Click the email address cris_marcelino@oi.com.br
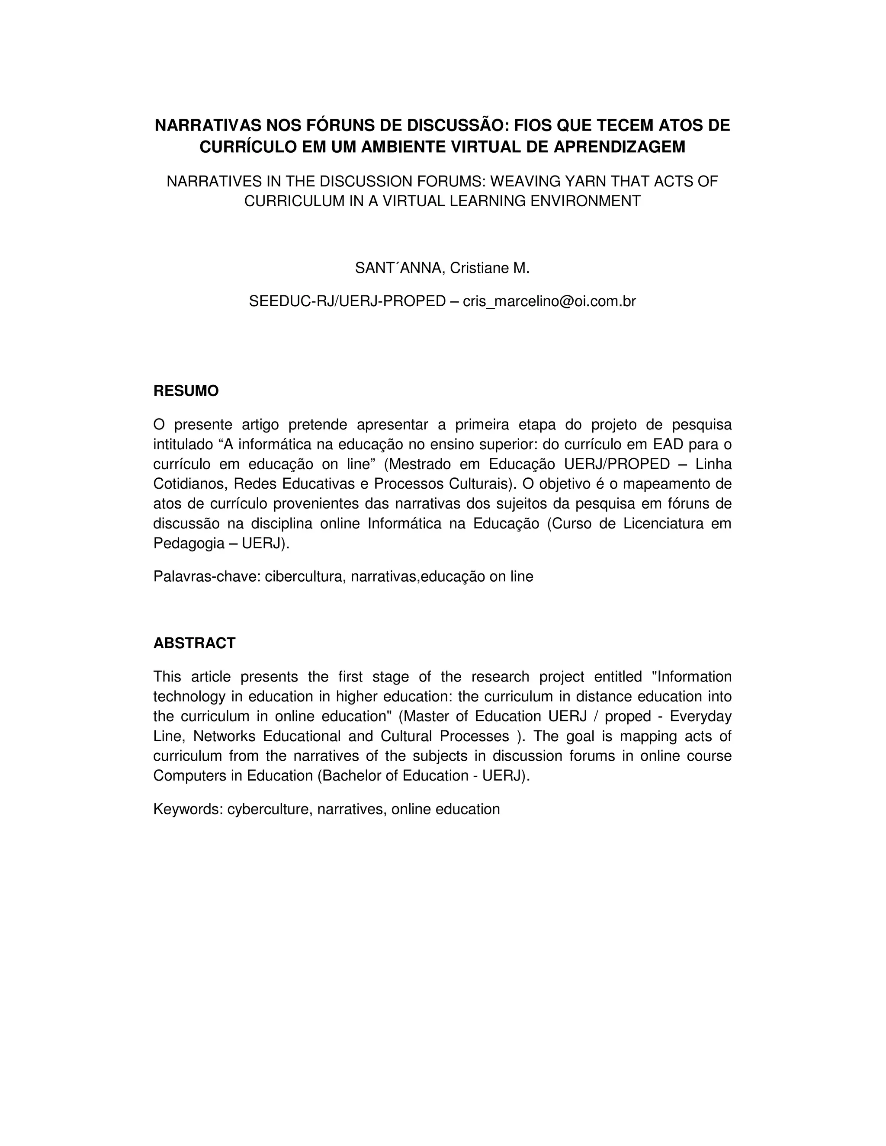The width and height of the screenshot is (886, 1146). coord(549,302)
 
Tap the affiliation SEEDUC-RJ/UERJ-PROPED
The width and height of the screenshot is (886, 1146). coord(347,302)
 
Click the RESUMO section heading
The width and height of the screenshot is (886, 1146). coord(186,391)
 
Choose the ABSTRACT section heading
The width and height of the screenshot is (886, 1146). coord(194,643)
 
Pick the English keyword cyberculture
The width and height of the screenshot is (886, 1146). coord(270,809)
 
